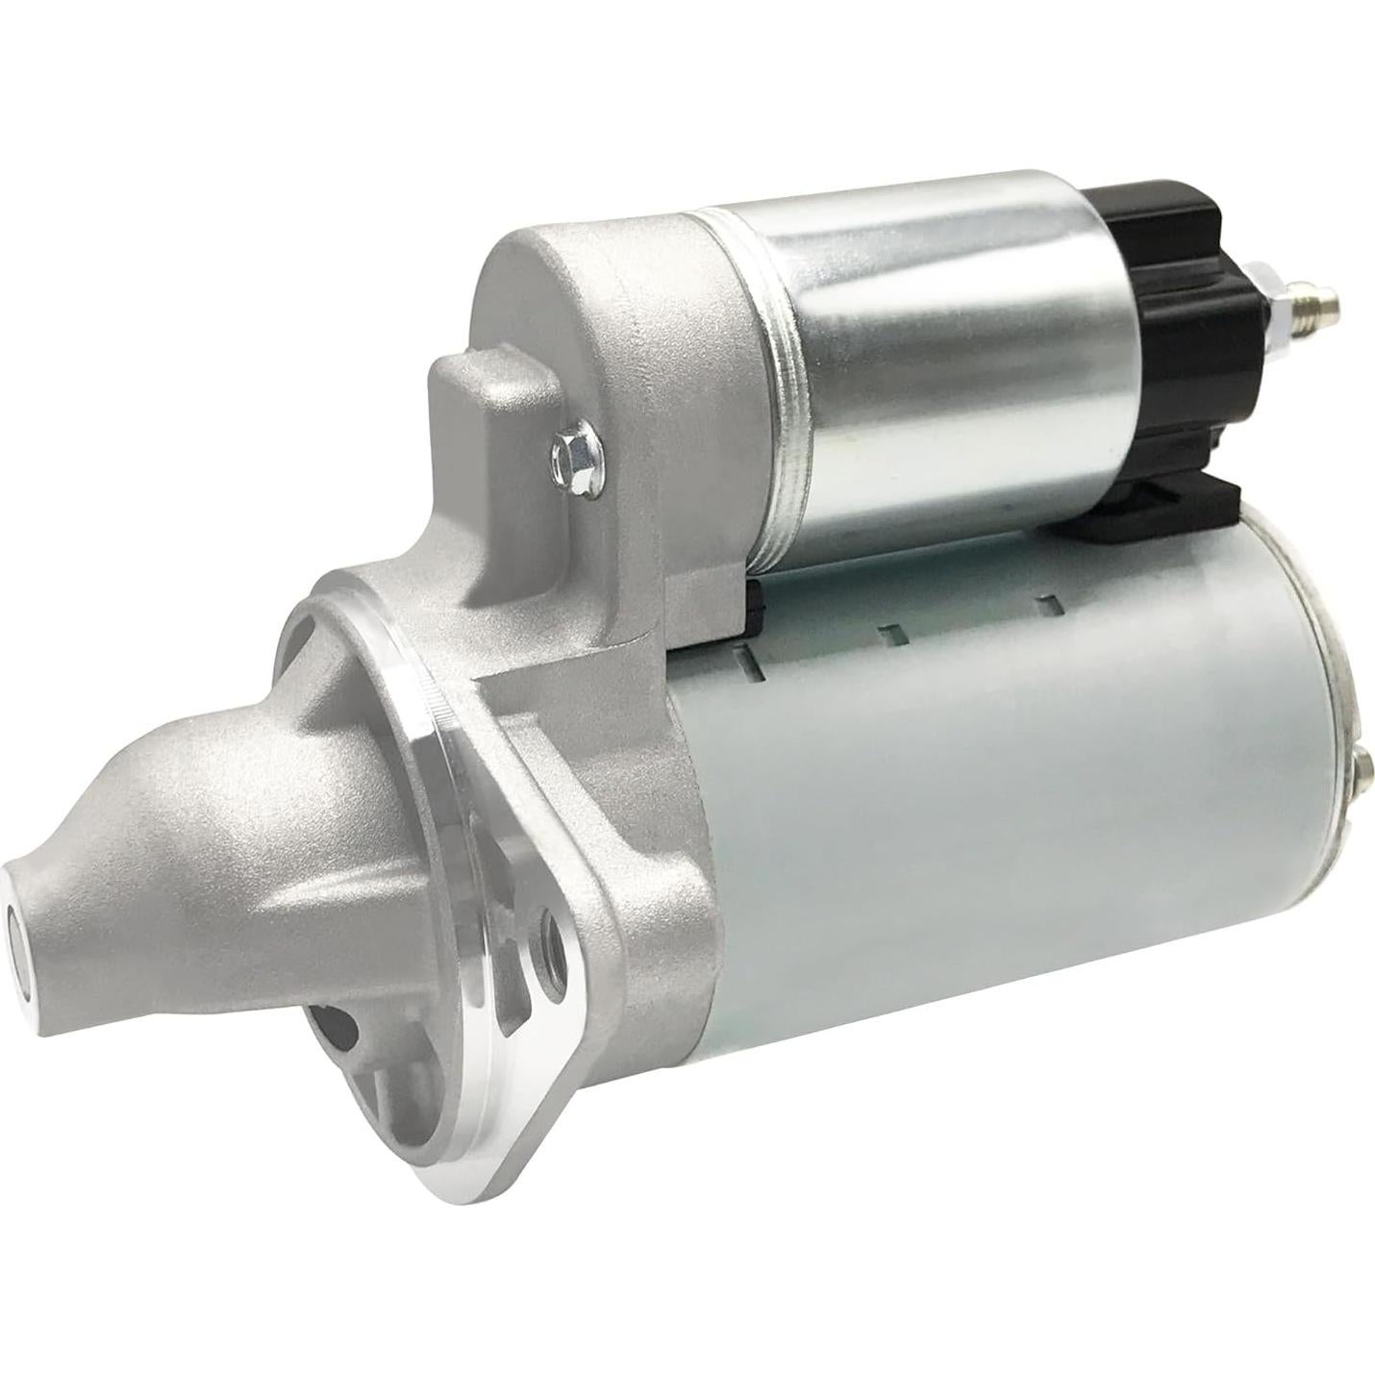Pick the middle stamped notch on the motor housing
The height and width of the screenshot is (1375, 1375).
pyautogui.click(x=892, y=632)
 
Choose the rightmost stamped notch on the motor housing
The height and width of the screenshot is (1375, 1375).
pyautogui.click(x=1050, y=603)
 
